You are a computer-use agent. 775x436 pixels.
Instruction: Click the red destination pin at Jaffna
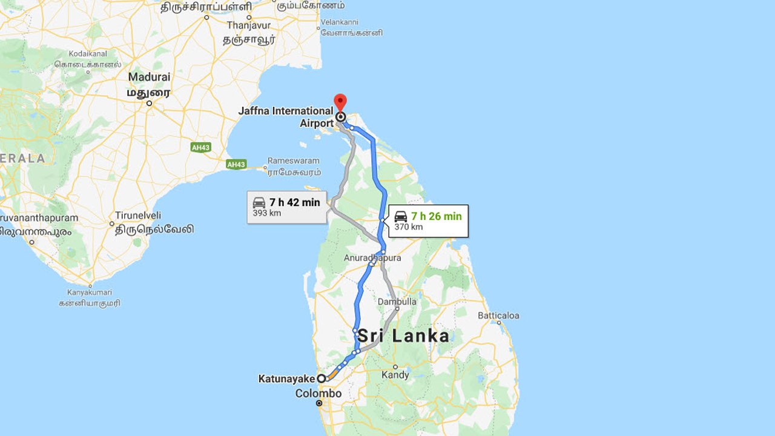(340, 102)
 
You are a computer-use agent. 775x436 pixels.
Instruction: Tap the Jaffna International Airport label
(286, 117)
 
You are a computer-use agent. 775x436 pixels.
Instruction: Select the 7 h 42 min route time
(295, 202)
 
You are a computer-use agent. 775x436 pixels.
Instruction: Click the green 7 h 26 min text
(436, 216)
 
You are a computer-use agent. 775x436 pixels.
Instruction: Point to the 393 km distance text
(267, 214)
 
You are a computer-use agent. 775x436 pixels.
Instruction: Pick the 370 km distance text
(408, 227)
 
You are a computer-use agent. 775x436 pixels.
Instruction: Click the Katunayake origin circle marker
(322, 378)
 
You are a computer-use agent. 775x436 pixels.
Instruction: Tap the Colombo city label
(318, 394)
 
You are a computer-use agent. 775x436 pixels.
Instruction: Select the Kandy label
(395, 375)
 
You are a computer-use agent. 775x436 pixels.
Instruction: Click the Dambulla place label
(397, 302)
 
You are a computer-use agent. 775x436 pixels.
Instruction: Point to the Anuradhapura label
(372, 258)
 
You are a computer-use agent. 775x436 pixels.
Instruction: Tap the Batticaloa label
(498, 315)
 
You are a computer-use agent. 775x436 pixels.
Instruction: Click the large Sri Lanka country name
(403, 336)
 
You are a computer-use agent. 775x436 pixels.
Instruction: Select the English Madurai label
(149, 78)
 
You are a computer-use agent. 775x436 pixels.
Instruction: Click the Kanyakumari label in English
(90, 293)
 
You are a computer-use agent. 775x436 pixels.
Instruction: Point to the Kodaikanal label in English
(88, 53)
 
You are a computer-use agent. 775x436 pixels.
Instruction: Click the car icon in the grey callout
(259, 203)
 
